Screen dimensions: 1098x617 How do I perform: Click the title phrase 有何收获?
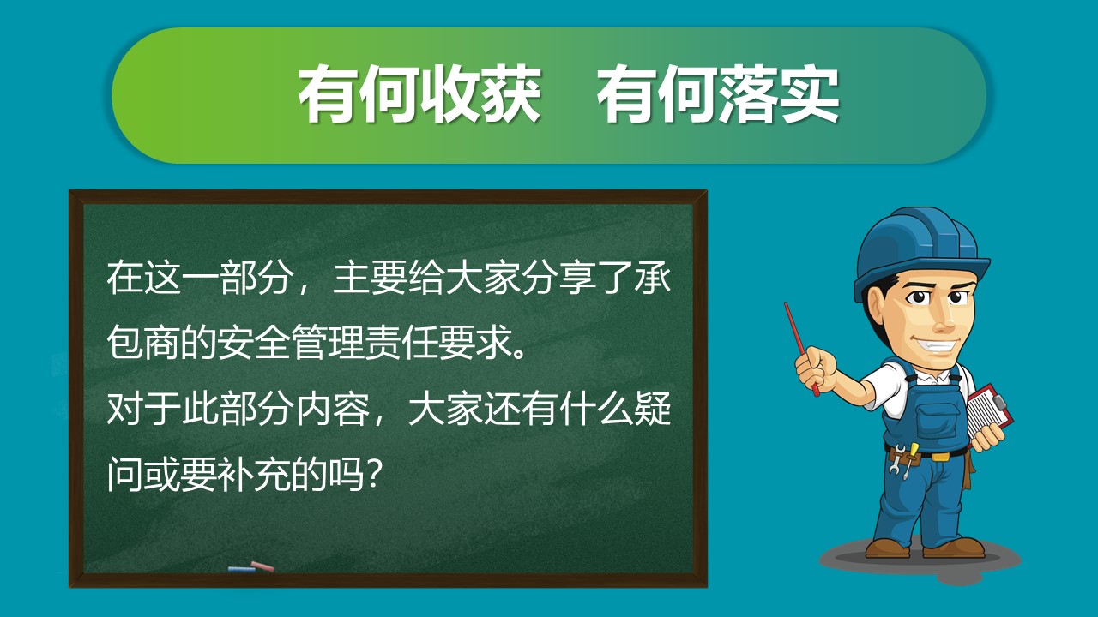click(x=420, y=94)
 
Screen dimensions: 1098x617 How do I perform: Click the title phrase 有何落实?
click(x=718, y=94)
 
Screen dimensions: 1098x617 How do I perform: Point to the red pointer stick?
click(x=801, y=349)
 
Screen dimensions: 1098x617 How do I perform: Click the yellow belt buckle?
click(x=940, y=458)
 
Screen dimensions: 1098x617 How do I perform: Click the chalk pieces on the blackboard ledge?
click(x=251, y=567)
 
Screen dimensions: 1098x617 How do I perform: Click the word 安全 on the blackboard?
click(x=254, y=342)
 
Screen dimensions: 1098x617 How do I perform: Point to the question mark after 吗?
click(x=373, y=475)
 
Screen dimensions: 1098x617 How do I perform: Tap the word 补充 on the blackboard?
click(x=254, y=474)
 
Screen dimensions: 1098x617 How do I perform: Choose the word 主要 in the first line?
click(x=370, y=278)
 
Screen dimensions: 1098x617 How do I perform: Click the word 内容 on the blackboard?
click(x=332, y=409)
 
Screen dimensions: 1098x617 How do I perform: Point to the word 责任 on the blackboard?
click(x=402, y=342)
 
